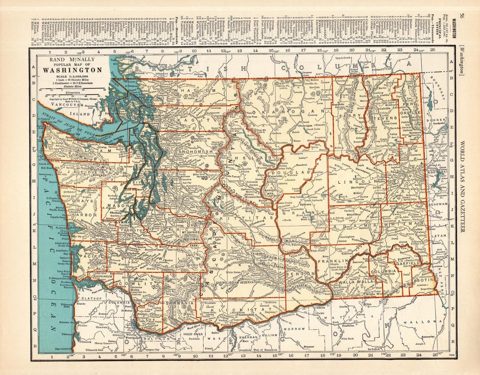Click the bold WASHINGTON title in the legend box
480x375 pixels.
pos(72,70)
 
